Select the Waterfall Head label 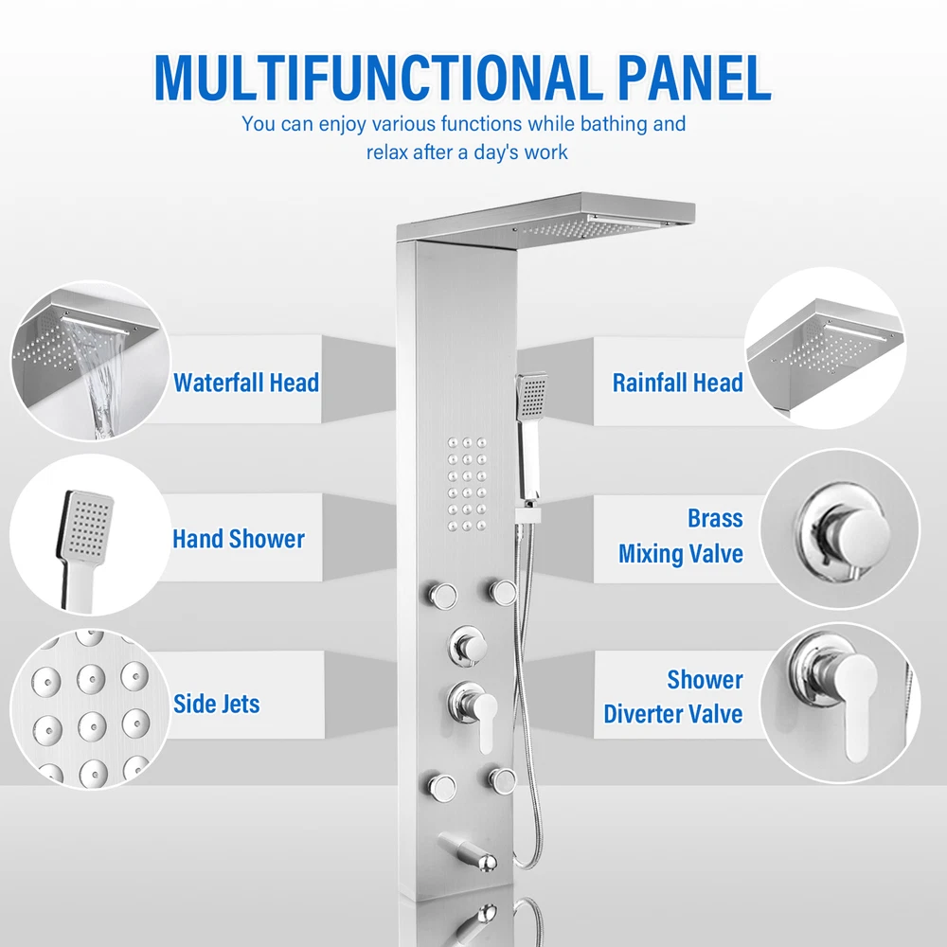[x=246, y=383]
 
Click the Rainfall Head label [x=678, y=383]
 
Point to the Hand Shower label [x=239, y=539]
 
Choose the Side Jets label [x=216, y=704]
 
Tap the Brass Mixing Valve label [x=681, y=536]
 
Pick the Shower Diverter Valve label [x=673, y=696]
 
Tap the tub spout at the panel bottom [x=468, y=851]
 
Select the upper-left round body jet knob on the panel [x=441, y=595]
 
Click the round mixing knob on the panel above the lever [x=467, y=646]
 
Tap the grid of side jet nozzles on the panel [x=467, y=484]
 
